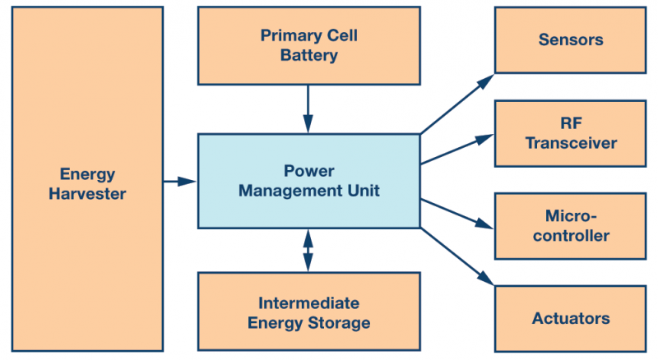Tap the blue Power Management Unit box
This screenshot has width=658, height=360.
[308, 181]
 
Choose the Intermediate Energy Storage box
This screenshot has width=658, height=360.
[308, 312]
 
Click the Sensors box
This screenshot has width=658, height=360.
[571, 39]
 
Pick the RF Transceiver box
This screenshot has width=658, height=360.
[571, 133]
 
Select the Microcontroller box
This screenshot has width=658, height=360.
[571, 226]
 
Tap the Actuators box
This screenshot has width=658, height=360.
[571, 318]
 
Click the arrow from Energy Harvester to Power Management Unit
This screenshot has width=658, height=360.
[180, 182]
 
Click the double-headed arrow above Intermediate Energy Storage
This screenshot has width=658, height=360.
[308, 250]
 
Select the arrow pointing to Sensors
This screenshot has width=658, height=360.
[456, 104]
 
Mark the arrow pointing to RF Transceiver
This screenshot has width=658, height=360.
[456, 150]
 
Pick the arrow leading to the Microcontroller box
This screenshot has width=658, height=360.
[456, 210]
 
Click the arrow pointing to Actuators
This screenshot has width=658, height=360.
[456, 256]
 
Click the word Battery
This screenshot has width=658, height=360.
[308, 56]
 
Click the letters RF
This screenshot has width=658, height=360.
[571, 123]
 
